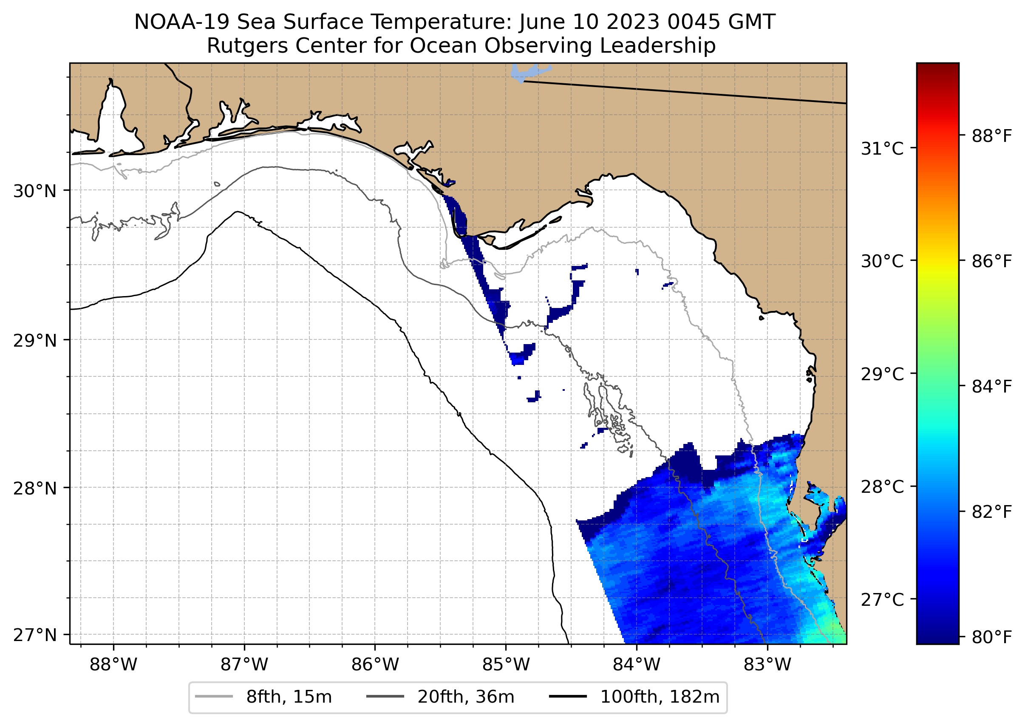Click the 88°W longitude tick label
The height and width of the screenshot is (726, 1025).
click(113, 664)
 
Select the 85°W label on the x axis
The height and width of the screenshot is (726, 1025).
click(506, 664)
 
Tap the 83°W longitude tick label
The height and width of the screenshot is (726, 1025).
click(767, 664)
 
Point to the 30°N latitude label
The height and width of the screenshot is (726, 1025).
click(35, 191)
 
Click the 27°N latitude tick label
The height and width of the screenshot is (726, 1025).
click(35, 635)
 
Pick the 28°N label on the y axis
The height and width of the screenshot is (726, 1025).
click(35, 488)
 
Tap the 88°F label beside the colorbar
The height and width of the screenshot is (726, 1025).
click(991, 136)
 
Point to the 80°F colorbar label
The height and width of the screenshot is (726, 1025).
click(991, 637)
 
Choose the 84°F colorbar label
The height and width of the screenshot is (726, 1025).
click(991, 386)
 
